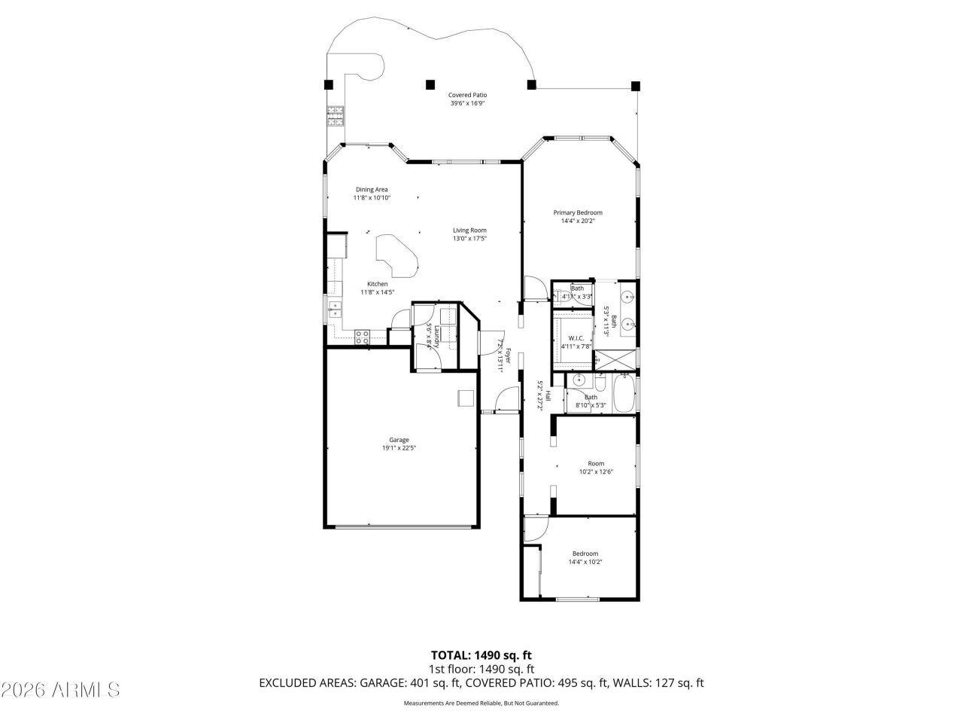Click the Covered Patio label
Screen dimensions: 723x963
467,95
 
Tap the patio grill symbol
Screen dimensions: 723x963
335,115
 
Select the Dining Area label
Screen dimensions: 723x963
372,189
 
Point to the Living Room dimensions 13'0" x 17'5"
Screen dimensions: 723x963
469,239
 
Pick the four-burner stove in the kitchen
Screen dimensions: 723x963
362,337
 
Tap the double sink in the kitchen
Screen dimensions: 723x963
335,310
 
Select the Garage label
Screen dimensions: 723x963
399,440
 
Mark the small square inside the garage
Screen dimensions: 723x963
466,398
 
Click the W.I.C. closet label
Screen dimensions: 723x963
576,338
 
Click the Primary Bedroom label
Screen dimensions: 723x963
578,212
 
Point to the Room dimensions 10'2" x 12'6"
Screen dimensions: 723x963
596,472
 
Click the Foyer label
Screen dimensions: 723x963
508,356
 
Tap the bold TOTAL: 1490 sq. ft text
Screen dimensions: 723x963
481,654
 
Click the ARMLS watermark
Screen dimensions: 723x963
60,689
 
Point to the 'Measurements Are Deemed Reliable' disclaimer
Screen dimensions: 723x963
481,703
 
